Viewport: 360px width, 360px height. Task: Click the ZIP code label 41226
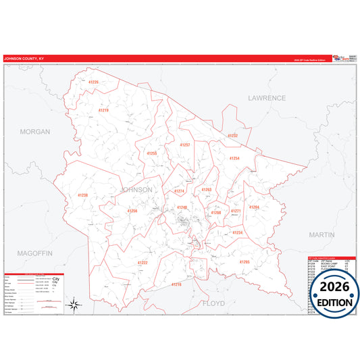[x=93, y=82]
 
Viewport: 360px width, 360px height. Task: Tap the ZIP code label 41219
[x=103, y=109]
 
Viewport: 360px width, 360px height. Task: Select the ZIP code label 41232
[x=232, y=136]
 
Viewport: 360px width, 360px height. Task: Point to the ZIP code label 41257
[x=184, y=145]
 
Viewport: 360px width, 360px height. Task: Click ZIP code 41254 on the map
[x=234, y=158]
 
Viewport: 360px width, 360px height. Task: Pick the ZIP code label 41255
[x=152, y=153]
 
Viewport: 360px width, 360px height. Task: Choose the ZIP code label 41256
[x=132, y=211]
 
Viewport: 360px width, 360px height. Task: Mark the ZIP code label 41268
[x=215, y=213]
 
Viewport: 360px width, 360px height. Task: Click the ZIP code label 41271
[x=236, y=211]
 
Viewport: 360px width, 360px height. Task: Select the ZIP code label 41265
[x=245, y=261]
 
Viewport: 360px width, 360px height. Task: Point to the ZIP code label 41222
[x=143, y=262]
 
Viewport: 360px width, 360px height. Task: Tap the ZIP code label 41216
[x=176, y=284]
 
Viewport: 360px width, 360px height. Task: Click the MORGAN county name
[x=35, y=132]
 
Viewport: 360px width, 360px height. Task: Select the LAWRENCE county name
[x=267, y=98]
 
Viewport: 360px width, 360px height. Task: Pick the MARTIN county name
[x=321, y=234]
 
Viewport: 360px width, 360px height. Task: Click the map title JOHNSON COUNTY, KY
[x=24, y=59]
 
